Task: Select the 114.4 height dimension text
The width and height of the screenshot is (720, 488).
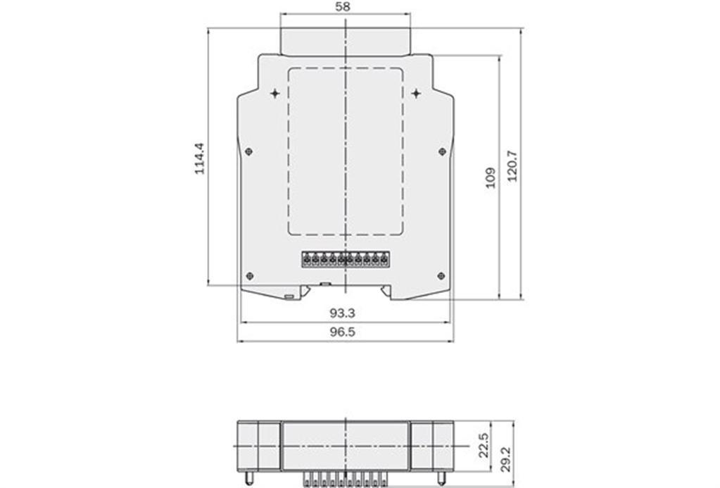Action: point(200,158)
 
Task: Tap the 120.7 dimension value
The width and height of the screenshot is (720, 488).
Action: point(512,166)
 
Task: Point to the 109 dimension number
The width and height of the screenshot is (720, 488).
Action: point(491,178)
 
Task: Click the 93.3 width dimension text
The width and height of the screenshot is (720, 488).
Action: point(343,313)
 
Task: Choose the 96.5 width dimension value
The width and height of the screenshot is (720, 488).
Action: point(343,332)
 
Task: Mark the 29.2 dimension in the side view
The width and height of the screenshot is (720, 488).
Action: point(505,460)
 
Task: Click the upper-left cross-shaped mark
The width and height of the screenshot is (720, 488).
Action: point(274,94)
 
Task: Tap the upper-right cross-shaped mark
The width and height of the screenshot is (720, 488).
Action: point(416,94)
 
